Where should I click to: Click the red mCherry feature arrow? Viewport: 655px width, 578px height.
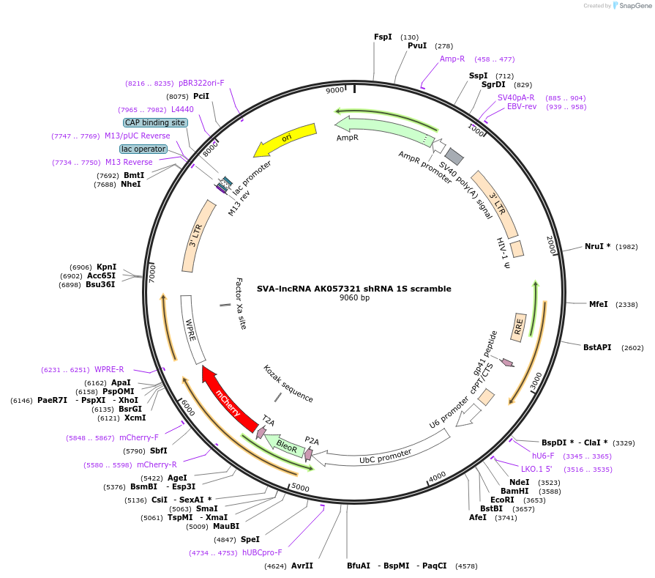pos(228,396)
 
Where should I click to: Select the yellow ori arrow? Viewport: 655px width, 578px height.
pos(285,138)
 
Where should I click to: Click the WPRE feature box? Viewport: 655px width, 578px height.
pos(192,329)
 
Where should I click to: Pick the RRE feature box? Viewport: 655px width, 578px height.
pos(519,326)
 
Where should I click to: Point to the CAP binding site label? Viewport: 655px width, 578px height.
pos(155,122)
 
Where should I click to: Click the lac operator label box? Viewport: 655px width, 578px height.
pos(143,149)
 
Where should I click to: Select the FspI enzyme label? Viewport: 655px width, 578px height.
pos(383,37)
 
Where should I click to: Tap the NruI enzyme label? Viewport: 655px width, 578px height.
pos(597,246)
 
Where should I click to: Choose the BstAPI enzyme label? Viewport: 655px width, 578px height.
pos(597,347)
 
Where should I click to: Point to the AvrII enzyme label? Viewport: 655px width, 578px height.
pos(302,566)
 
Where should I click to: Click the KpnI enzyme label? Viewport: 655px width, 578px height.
pos(106,267)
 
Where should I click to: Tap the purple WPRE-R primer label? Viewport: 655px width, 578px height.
pos(109,369)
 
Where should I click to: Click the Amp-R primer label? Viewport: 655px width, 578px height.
pos(452,59)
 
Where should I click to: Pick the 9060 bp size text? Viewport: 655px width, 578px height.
pos(354,297)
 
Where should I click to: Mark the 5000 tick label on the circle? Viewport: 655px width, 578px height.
pos(301,486)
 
